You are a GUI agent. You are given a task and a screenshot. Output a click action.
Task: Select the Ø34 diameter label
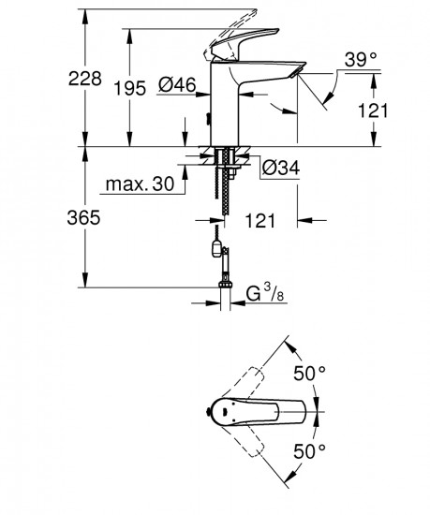(279, 169)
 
